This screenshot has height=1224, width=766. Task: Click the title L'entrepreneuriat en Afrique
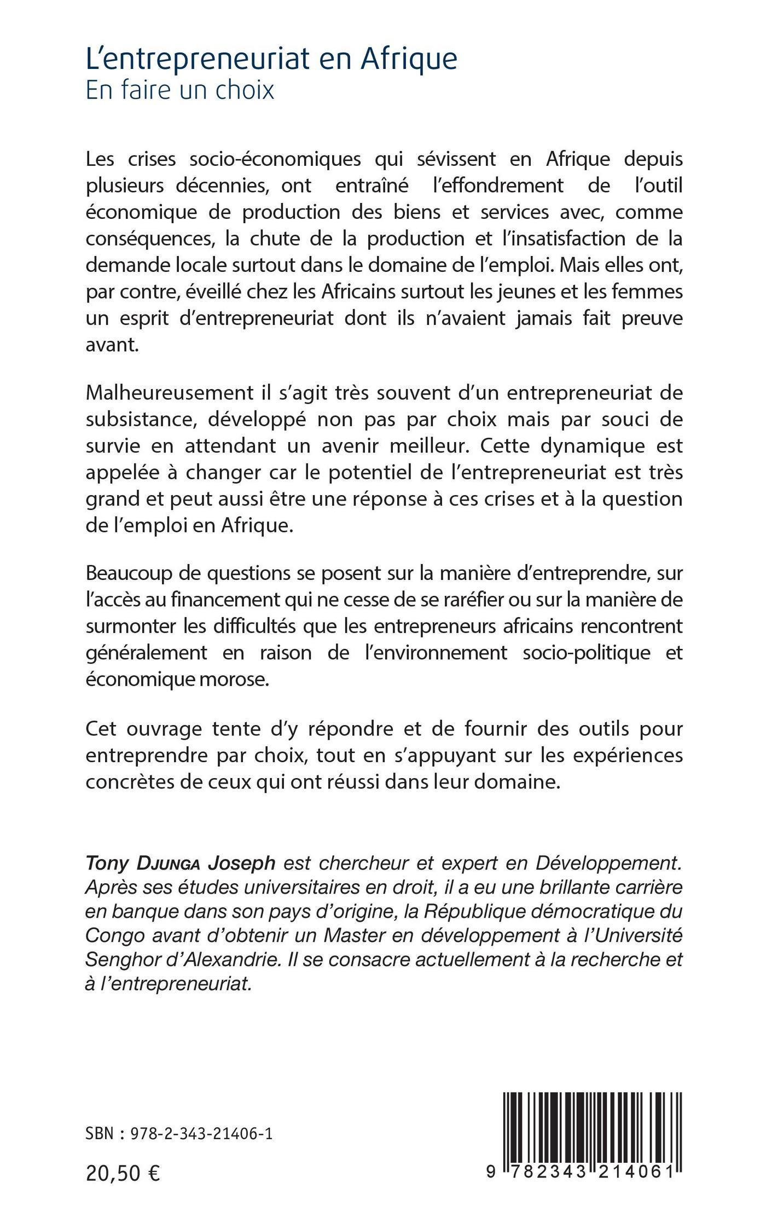click(x=271, y=60)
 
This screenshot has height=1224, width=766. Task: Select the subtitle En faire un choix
click(x=180, y=90)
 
